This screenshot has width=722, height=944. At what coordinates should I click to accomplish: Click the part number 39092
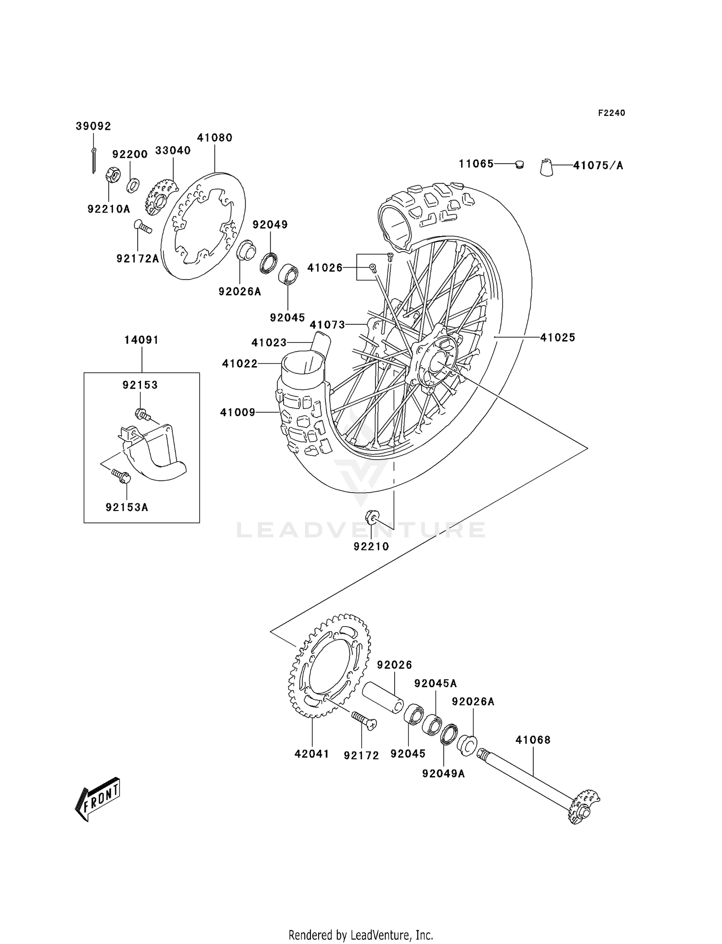tap(93, 126)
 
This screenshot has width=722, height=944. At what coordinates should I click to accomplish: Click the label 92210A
tap(109, 209)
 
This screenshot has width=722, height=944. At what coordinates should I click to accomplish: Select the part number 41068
tap(533, 740)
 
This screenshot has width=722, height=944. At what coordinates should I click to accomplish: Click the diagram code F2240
tap(611, 113)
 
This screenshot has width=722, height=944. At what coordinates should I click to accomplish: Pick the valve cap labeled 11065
tap(519, 165)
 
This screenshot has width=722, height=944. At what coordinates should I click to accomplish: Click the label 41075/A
tap(598, 166)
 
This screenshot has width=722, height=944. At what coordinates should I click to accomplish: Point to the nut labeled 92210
tap(372, 518)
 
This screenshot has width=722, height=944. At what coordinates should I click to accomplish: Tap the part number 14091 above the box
tap(142, 340)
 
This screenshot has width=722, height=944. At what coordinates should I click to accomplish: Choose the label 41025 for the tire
tap(557, 338)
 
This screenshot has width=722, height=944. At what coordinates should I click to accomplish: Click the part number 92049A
tap(443, 774)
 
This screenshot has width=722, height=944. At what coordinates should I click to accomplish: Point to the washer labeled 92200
tap(133, 184)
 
